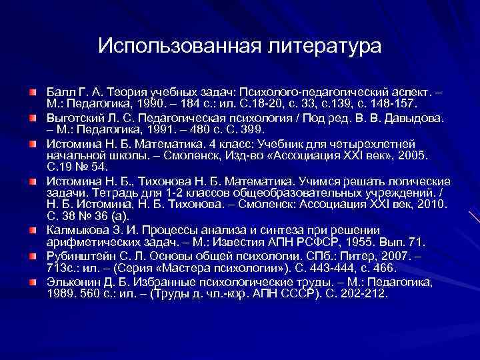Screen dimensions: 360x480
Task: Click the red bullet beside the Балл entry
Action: click(x=33, y=90)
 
